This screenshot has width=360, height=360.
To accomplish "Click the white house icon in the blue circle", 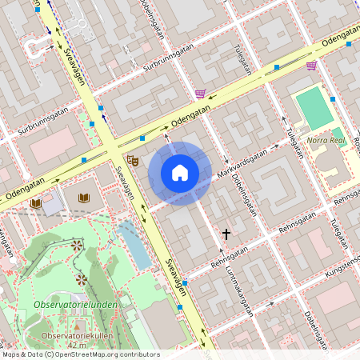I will coord(180,172).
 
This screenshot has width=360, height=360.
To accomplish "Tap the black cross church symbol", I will coord(226,234).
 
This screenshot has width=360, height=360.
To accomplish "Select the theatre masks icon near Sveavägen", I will coord(134,162).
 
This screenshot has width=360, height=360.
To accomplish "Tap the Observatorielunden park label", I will coord(76,306).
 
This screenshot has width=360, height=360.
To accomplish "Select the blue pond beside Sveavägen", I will coord(134,245).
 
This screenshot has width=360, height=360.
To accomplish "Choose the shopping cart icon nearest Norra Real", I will coord(311,66).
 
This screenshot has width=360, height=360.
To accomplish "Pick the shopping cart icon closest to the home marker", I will coord(200,94).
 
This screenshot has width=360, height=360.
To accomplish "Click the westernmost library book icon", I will coord(36,204).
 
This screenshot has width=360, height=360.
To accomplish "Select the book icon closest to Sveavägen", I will coord(84,197).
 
